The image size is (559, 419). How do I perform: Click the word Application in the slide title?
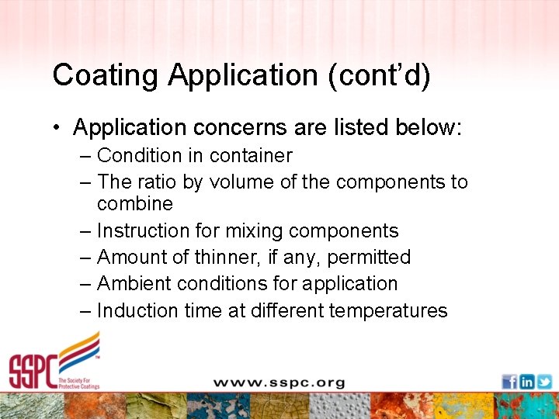pos(241,76)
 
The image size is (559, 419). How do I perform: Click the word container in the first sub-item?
pos(250,155)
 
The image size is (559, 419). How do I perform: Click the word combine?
pos(135,203)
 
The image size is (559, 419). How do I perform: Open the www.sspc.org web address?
pos(279,383)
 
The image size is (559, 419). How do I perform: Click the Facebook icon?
pos(509,382)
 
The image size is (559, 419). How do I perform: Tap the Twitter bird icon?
pos(544,382)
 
